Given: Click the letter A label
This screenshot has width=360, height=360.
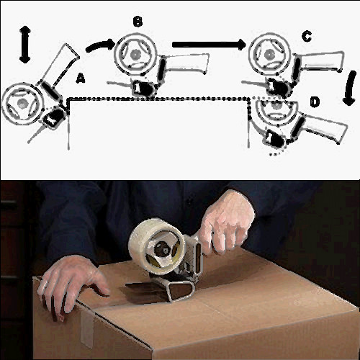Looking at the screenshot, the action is click(x=80, y=78).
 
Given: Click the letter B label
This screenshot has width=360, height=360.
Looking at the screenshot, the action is click(x=138, y=22).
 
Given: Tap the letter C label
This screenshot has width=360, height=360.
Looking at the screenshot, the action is click(x=307, y=37).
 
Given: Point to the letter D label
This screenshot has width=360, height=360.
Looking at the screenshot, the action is click(x=315, y=102).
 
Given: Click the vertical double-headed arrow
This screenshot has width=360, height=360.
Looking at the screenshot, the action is click(x=24, y=45).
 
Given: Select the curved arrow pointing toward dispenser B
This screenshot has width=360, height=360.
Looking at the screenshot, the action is click(x=99, y=45).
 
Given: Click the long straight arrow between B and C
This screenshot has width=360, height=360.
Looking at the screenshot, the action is click(x=210, y=44).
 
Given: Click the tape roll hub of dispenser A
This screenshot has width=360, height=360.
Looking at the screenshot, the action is click(x=22, y=104).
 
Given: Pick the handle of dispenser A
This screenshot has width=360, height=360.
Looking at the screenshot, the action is click(x=61, y=65).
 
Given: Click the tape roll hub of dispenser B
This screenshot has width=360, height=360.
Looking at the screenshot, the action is click(x=135, y=55).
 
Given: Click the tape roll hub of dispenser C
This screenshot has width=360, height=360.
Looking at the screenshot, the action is click(x=269, y=55).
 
